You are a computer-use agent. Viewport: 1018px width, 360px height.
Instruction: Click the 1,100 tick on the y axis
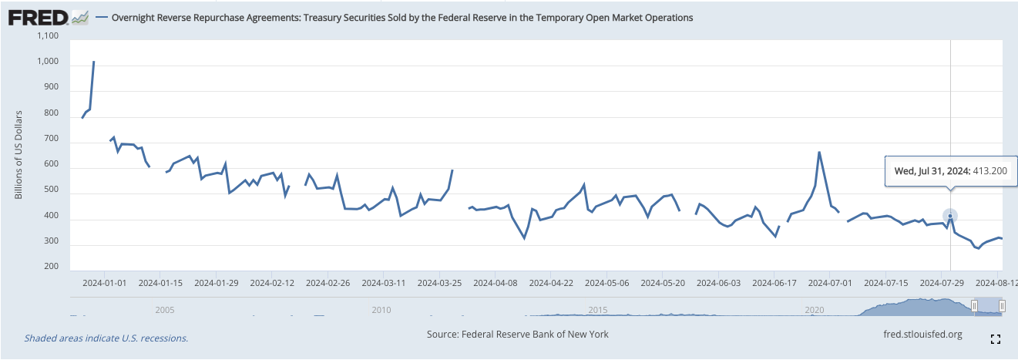tap(48, 35)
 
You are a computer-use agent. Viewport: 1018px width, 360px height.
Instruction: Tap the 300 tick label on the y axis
tap(51, 241)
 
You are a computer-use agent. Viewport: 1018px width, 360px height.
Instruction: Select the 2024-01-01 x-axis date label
tap(106, 283)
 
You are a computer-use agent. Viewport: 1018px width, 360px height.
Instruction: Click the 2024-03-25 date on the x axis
tap(439, 283)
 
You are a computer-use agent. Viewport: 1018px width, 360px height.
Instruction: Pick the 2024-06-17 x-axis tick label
tap(774, 283)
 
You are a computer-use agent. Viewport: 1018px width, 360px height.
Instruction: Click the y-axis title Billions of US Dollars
tap(18, 154)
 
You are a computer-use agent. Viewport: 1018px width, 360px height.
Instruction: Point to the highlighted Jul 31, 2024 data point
tap(950, 217)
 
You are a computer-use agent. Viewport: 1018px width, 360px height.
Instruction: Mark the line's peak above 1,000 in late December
tap(94, 62)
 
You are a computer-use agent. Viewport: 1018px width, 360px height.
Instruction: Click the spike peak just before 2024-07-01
tap(818, 152)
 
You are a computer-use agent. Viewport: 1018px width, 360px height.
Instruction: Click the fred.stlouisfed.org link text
tap(922, 334)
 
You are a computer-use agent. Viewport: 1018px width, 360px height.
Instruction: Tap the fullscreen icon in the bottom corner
tap(994, 338)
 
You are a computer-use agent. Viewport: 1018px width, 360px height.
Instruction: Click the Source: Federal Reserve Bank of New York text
tap(517, 334)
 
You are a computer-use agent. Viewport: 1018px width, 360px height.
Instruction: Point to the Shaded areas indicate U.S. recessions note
tap(106, 338)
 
